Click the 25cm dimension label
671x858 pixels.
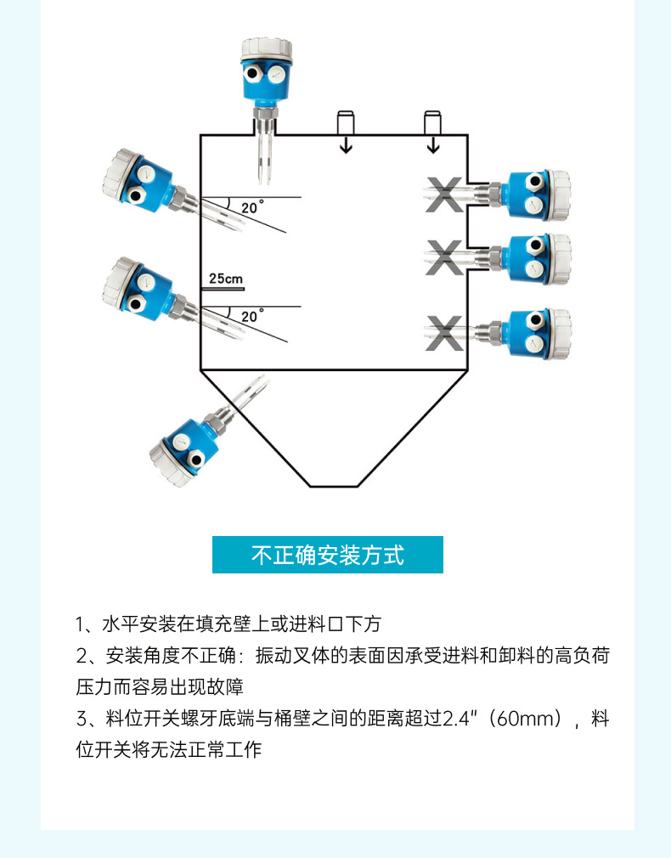click(x=225, y=279)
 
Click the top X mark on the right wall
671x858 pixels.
click(x=444, y=195)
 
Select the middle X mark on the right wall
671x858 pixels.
click(x=444, y=257)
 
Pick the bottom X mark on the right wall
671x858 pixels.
click(x=444, y=332)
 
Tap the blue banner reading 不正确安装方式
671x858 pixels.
click(x=328, y=555)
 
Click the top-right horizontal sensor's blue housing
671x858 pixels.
click(x=527, y=194)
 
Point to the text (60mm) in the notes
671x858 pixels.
click(x=526, y=720)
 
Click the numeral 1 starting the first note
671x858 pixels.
click(x=81, y=625)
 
